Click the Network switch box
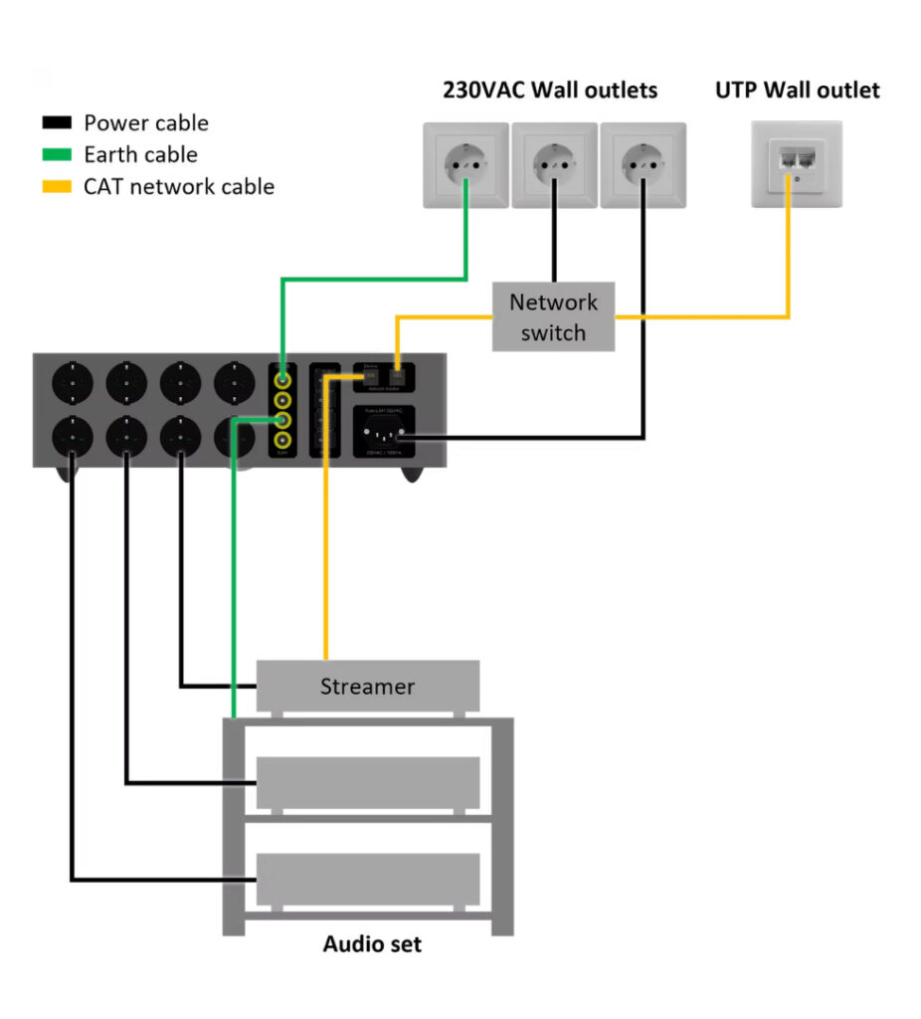click(x=553, y=316)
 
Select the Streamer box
click(x=367, y=686)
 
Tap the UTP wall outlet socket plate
click(x=796, y=164)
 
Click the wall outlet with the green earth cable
click(x=465, y=165)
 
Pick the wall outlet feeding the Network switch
click(x=553, y=165)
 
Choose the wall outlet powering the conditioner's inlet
click(x=642, y=165)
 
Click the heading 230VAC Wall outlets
click(x=549, y=91)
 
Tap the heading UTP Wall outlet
click(x=797, y=91)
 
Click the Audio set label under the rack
click(x=372, y=943)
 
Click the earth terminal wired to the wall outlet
click(x=284, y=379)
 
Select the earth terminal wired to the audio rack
click(x=284, y=420)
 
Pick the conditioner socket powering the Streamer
click(x=180, y=435)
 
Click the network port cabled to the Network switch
click(x=398, y=375)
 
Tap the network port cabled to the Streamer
click(x=371, y=375)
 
